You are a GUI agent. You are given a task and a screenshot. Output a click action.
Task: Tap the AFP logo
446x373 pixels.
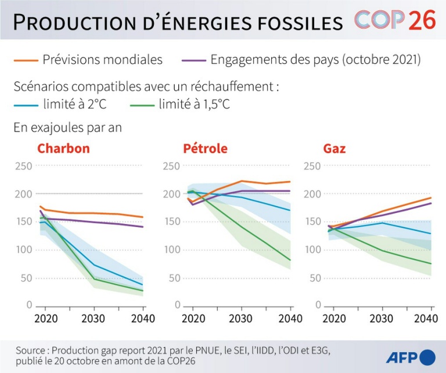coord(410,357)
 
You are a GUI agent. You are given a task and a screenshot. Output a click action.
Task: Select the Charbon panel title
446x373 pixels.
coord(63,148)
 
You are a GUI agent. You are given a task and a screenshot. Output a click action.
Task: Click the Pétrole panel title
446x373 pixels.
coord(205,148)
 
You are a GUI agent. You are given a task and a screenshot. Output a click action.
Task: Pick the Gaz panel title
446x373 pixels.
coord(334,148)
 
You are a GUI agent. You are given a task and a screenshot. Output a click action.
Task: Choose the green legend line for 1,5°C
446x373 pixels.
coord(141,105)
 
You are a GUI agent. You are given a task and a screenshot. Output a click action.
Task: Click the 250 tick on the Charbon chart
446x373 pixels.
coord(24,166)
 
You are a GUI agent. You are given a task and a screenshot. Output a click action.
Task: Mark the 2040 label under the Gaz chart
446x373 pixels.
coord(426,318)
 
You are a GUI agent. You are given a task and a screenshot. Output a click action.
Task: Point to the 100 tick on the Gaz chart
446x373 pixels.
coord(312,250)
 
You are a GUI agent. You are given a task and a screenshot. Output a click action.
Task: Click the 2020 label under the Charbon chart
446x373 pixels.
coord(46,318)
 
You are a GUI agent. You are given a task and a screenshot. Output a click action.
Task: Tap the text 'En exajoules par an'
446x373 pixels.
coord(67,127)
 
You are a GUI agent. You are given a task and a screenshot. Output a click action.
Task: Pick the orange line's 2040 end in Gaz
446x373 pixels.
coord(431,198)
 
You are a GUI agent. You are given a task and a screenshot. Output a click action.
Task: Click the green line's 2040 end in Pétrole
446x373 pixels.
coord(290,260)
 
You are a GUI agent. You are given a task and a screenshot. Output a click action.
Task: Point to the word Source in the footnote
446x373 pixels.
coord(31,350)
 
